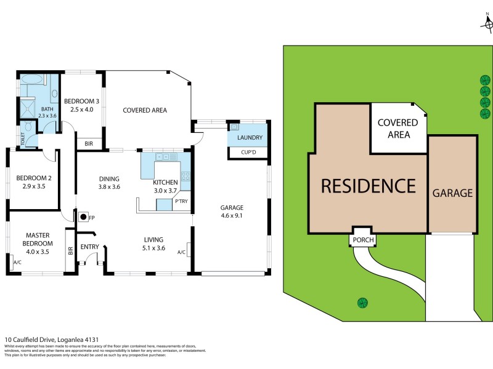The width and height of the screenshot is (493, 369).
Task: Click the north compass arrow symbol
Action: pyautogui.click(x=487, y=23)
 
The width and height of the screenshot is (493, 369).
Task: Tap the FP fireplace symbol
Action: pyautogui.click(x=82, y=216)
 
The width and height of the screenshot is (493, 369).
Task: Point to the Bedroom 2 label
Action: pyautogui.click(x=33, y=183)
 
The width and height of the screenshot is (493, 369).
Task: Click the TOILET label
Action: pyautogui.click(x=23, y=140)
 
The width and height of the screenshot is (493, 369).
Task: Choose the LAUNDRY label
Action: pyautogui.click(x=250, y=138)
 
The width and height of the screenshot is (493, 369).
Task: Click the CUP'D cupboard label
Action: pyautogui.click(x=249, y=152)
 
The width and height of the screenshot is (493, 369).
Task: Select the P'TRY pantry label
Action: pyautogui.click(x=181, y=202)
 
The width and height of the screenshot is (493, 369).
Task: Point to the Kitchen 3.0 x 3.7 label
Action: pyautogui.click(x=165, y=186)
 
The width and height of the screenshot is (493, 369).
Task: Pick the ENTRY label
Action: pyautogui.click(x=90, y=247)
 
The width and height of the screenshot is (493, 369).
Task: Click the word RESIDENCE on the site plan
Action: pyautogui.click(x=367, y=185)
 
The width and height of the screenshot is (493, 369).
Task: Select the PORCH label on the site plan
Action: pyautogui.click(x=362, y=240)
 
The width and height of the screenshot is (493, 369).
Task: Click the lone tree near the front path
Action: pyautogui.click(x=362, y=302)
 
